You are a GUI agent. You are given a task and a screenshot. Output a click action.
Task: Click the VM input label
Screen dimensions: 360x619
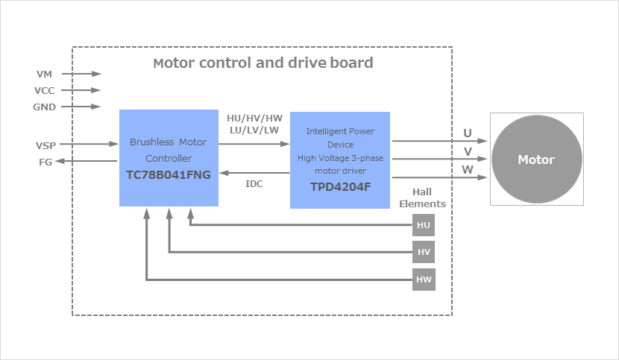[x=44, y=74]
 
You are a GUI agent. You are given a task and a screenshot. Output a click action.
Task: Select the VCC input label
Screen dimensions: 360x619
[x=45, y=90]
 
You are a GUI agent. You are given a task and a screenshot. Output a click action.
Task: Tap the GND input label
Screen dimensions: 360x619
[x=45, y=107]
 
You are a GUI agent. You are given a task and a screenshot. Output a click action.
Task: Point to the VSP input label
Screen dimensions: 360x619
[x=45, y=145]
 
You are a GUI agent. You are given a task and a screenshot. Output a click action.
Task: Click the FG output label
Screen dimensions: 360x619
[x=45, y=161]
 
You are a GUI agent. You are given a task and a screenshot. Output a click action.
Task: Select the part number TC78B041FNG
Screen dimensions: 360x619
[x=169, y=175]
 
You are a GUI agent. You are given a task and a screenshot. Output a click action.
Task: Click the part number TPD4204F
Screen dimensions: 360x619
[x=340, y=186]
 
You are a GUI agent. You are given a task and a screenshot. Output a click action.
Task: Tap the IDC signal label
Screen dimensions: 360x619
[x=254, y=183]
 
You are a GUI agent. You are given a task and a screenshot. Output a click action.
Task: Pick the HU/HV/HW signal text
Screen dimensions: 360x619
[x=254, y=119]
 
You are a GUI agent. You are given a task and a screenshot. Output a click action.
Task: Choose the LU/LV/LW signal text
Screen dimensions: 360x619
[x=254, y=130]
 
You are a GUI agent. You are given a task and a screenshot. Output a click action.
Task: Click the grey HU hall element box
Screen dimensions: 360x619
[x=424, y=224]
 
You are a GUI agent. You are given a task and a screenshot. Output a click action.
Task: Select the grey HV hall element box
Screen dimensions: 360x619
[x=424, y=252]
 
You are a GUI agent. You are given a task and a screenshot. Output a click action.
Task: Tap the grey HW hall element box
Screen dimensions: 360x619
[x=424, y=280]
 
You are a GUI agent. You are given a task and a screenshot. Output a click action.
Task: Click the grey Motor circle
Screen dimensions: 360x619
[x=536, y=160]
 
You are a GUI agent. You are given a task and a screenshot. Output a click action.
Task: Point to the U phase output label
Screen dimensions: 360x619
[x=468, y=133]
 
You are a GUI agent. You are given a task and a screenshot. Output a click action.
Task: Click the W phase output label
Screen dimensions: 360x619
[x=468, y=170]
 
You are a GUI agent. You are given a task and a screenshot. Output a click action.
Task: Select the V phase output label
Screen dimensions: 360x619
[x=468, y=151]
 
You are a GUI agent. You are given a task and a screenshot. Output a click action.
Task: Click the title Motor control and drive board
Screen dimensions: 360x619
[x=263, y=63]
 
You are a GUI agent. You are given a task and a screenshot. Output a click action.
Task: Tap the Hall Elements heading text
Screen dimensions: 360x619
[x=422, y=198]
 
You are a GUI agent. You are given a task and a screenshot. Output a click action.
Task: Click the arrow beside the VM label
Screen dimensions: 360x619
[x=81, y=74]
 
